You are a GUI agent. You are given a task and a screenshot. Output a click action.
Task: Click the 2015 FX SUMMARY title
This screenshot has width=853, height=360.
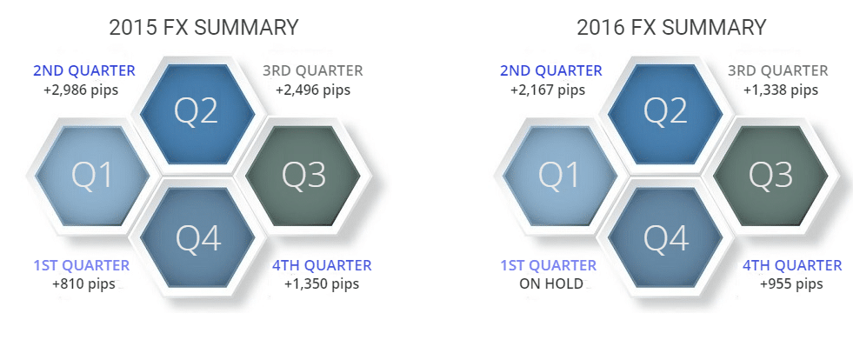(x=203, y=27)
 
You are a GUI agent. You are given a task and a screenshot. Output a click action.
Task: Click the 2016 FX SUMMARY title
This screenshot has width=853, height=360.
(x=671, y=27)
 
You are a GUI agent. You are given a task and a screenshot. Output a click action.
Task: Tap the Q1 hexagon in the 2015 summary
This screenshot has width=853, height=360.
(x=92, y=177)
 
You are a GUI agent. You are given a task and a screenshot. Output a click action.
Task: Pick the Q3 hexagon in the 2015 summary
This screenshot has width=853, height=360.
(x=303, y=177)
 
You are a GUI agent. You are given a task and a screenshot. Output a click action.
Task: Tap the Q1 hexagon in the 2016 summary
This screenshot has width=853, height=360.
(x=559, y=177)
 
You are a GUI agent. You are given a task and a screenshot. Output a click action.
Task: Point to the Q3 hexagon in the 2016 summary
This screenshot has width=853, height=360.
(x=771, y=177)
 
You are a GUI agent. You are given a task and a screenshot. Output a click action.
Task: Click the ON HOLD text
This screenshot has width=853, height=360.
(x=549, y=284)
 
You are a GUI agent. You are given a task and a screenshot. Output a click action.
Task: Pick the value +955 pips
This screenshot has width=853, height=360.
(x=790, y=284)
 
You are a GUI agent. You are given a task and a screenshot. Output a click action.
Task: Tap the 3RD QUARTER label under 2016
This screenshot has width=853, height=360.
(x=779, y=70)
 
